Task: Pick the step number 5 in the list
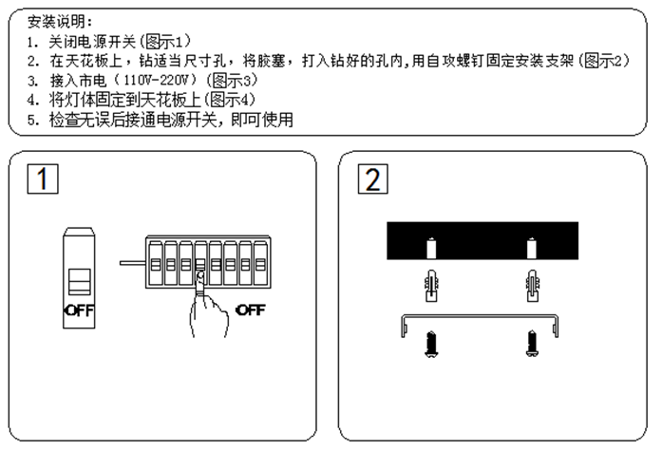tap(31, 120)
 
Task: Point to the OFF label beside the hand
tap(250, 310)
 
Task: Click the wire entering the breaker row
tap(132, 261)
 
